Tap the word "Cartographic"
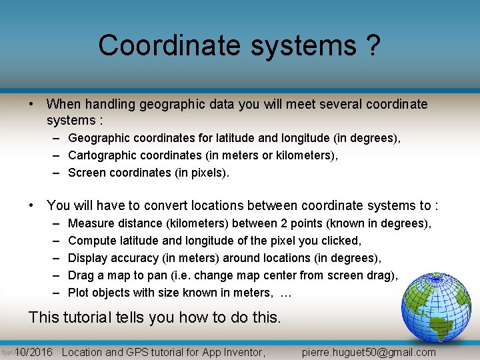pyautogui.click(x=101, y=155)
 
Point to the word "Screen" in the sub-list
pyautogui.click(x=86, y=173)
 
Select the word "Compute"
pyautogui.click(x=93, y=241)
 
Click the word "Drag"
pyautogui.click(x=81, y=275)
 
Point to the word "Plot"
pyautogui.click(x=78, y=293)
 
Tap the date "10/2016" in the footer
pyautogui.click(x=33, y=352)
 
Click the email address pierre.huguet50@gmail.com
pyautogui.click(x=369, y=352)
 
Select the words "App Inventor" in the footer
pyautogui.click(x=236, y=352)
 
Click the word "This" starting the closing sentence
pyautogui.click(x=44, y=317)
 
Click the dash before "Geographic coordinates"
pyautogui.click(x=53, y=138)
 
